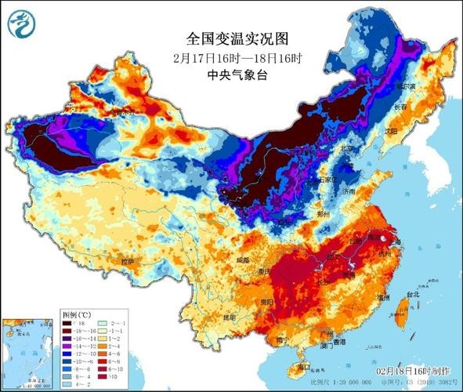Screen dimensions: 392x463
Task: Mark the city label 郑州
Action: point(317,212)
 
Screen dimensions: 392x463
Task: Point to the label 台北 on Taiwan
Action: point(405,295)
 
